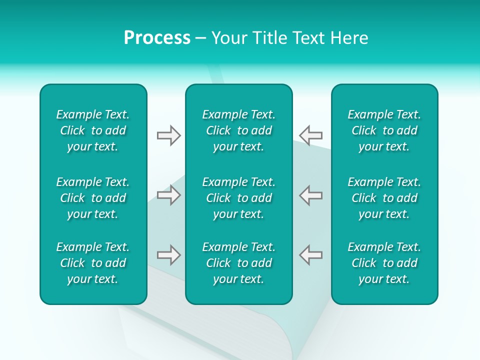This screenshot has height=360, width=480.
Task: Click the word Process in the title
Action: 157,38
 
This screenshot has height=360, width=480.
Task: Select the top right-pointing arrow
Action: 168,135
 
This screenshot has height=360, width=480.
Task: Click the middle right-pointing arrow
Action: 168,195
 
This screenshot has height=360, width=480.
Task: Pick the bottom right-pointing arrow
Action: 168,255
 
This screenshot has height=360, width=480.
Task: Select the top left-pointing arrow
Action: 310,135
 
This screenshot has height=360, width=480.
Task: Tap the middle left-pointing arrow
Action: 310,195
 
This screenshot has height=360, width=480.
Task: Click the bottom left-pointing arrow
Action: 310,255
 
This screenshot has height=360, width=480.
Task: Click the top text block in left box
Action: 93,130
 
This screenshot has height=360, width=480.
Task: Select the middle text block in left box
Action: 93,198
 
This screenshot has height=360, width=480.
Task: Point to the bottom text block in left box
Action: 93,263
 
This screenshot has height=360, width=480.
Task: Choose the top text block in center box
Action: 238,130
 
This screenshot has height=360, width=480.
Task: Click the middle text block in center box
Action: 238,198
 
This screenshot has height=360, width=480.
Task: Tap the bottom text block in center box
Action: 238,263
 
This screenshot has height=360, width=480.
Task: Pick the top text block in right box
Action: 384,130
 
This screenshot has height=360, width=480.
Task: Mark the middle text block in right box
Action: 384,198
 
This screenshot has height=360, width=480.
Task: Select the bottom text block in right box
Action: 384,263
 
